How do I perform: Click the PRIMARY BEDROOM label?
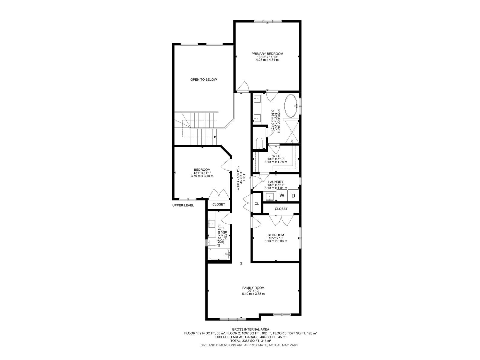[267, 54]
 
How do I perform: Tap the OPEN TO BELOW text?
[203, 79]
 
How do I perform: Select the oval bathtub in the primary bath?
[291, 106]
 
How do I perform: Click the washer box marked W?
[282, 196]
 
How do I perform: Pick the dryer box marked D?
[293, 196]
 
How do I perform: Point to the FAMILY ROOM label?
[253, 288]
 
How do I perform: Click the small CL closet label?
[256, 204]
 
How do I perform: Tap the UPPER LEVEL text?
[183, 205]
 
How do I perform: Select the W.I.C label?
[276, 156]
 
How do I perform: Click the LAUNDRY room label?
[276, 182]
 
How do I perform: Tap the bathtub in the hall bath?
[219, 254]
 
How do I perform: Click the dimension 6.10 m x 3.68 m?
[253, 294]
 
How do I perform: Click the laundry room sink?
[270, 196]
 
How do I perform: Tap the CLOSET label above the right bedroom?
[281, 209]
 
